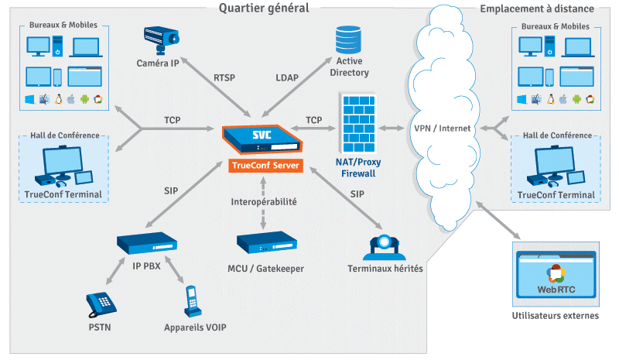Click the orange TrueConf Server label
click(x=265, y=165)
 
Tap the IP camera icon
click(x=161, y=40)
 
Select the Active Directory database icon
click(x=348, y=39)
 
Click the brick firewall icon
click(x=358, y=123)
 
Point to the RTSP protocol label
click(x=224, y=78)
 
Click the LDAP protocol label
click(x=287, y=78)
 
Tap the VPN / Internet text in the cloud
click(x=442, y=129)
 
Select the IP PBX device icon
click(x=147, y=243)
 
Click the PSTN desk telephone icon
click(x=101, y=304)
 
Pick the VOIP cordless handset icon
click(x=192, y=301)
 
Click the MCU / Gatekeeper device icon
click(x=266, y=242)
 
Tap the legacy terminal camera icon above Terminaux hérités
click(x=384, y=248)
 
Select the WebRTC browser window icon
click(x=556, y=275)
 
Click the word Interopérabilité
click(x=264, y=202)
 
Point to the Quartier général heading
click(x=264, y=8)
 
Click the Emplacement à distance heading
click(x=537, y=9)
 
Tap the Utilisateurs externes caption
click(x=556, y=316)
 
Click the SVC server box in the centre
click(x=262, y=139)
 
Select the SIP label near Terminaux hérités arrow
click(x=357, y=194)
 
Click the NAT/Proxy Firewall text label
click(x=358, y=167)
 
